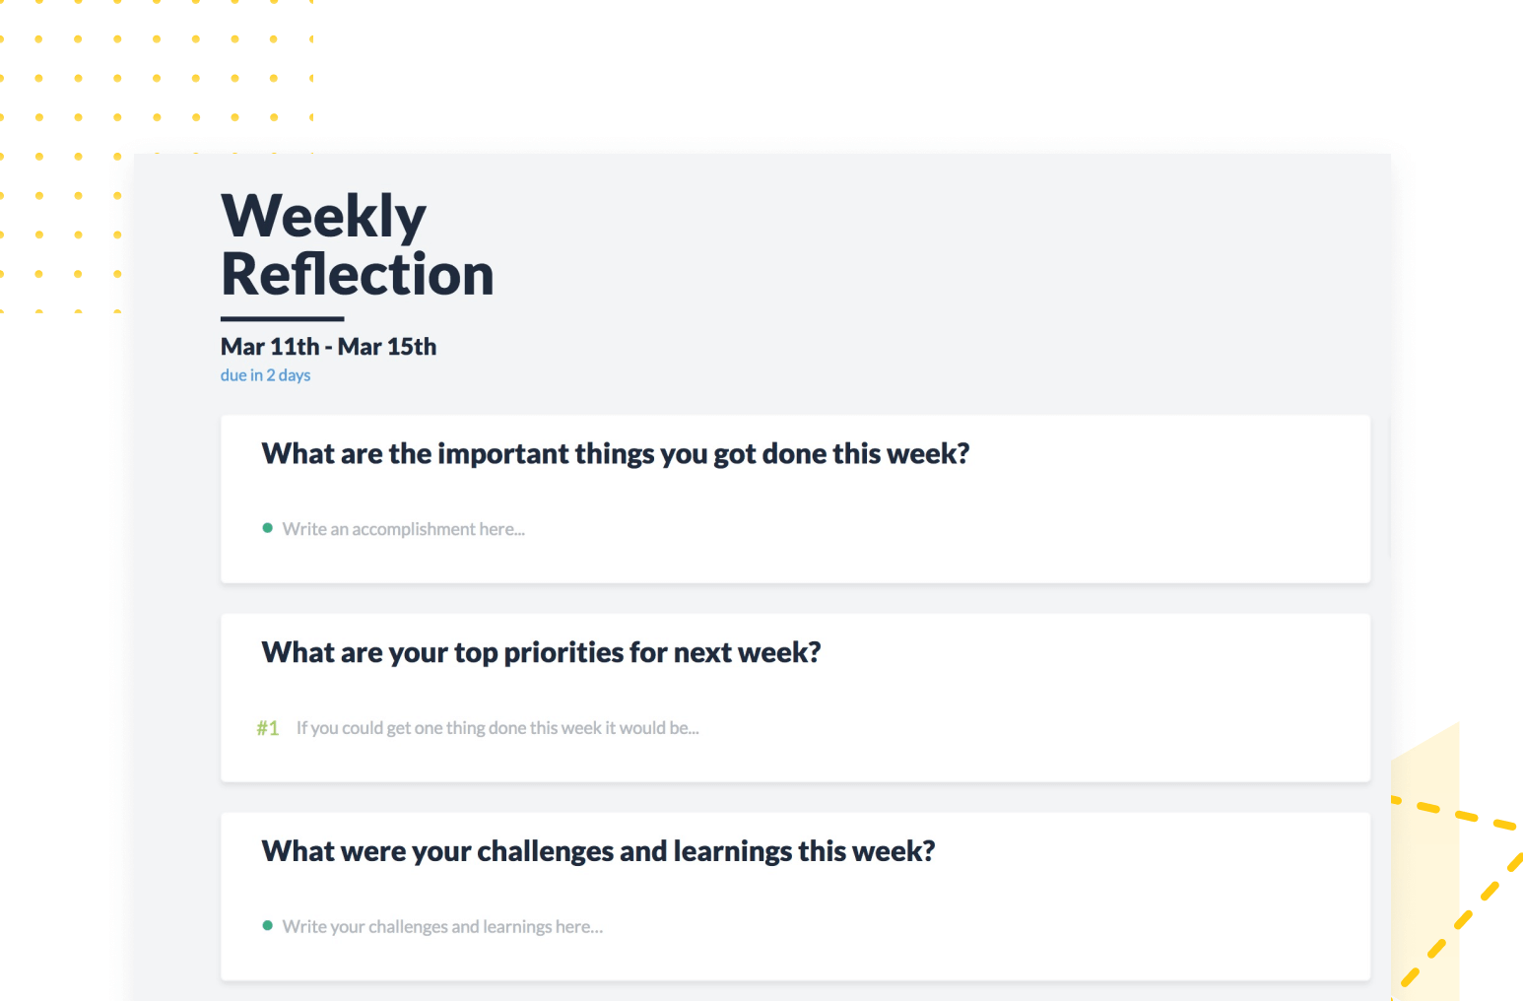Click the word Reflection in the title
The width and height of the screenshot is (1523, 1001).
(x=358, y=274)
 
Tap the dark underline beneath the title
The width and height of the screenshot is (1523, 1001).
(x=282, y=318)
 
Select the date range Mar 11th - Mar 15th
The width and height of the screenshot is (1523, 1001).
(x=328, y=347)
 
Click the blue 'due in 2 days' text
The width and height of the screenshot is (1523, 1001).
(x=265, y=375)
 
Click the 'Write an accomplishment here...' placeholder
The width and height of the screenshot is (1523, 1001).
(x=404, y=529)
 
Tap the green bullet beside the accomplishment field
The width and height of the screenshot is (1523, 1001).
(x=267, y=528)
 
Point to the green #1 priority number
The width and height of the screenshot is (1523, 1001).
(x=268, y=728)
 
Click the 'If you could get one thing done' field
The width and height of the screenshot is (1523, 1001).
(x=497, y=728)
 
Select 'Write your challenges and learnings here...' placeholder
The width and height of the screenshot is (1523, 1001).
(x=442, y=927)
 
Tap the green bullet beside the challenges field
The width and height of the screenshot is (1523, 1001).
(x=267, y=925)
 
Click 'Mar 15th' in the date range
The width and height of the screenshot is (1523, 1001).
(x=387, y=347)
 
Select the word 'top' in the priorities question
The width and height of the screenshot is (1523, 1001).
(x=476, y=653)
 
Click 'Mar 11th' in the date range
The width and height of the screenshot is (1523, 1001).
(x=270, y=347)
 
